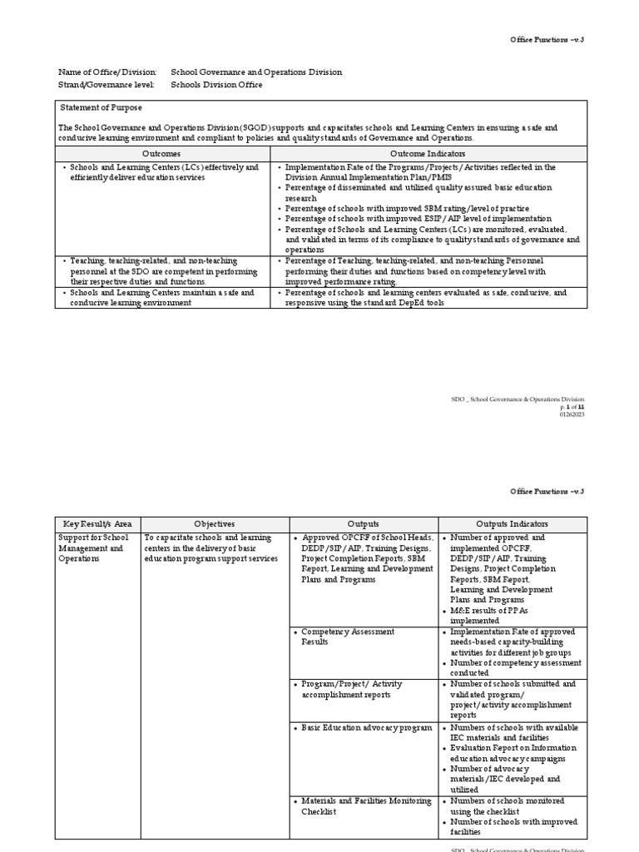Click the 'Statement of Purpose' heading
[101, 108]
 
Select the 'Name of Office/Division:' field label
[106, 72]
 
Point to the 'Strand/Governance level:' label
[106, 85]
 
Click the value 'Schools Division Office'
[216, 85]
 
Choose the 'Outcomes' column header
[161, 154]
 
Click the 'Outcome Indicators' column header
[428, 154]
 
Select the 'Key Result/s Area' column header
[97, 524]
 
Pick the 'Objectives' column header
[214, 524]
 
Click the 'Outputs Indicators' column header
[512, 524]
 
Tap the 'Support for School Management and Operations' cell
[93, 548]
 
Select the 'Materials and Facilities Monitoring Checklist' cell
[365, 806]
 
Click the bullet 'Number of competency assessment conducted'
[515, 668]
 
